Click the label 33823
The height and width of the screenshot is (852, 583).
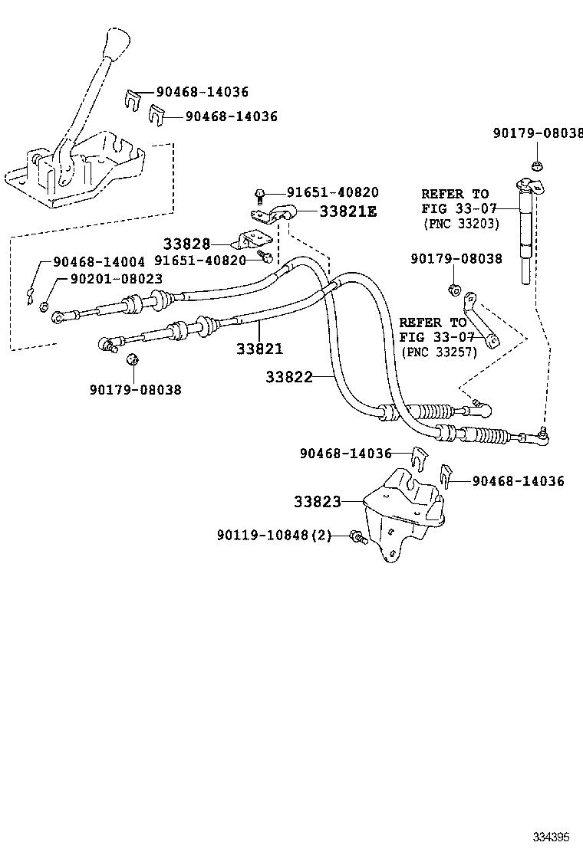click(317, 502)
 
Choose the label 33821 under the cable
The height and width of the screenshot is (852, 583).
click(259, 349)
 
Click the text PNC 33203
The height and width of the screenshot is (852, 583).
click(460, 224)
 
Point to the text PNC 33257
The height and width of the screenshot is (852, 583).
click(438, 352)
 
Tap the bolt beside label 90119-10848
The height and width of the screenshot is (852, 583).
click(357, 536)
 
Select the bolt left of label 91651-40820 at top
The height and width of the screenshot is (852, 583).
click(260, 193)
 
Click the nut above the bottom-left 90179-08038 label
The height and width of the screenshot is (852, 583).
click(131, 359)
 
